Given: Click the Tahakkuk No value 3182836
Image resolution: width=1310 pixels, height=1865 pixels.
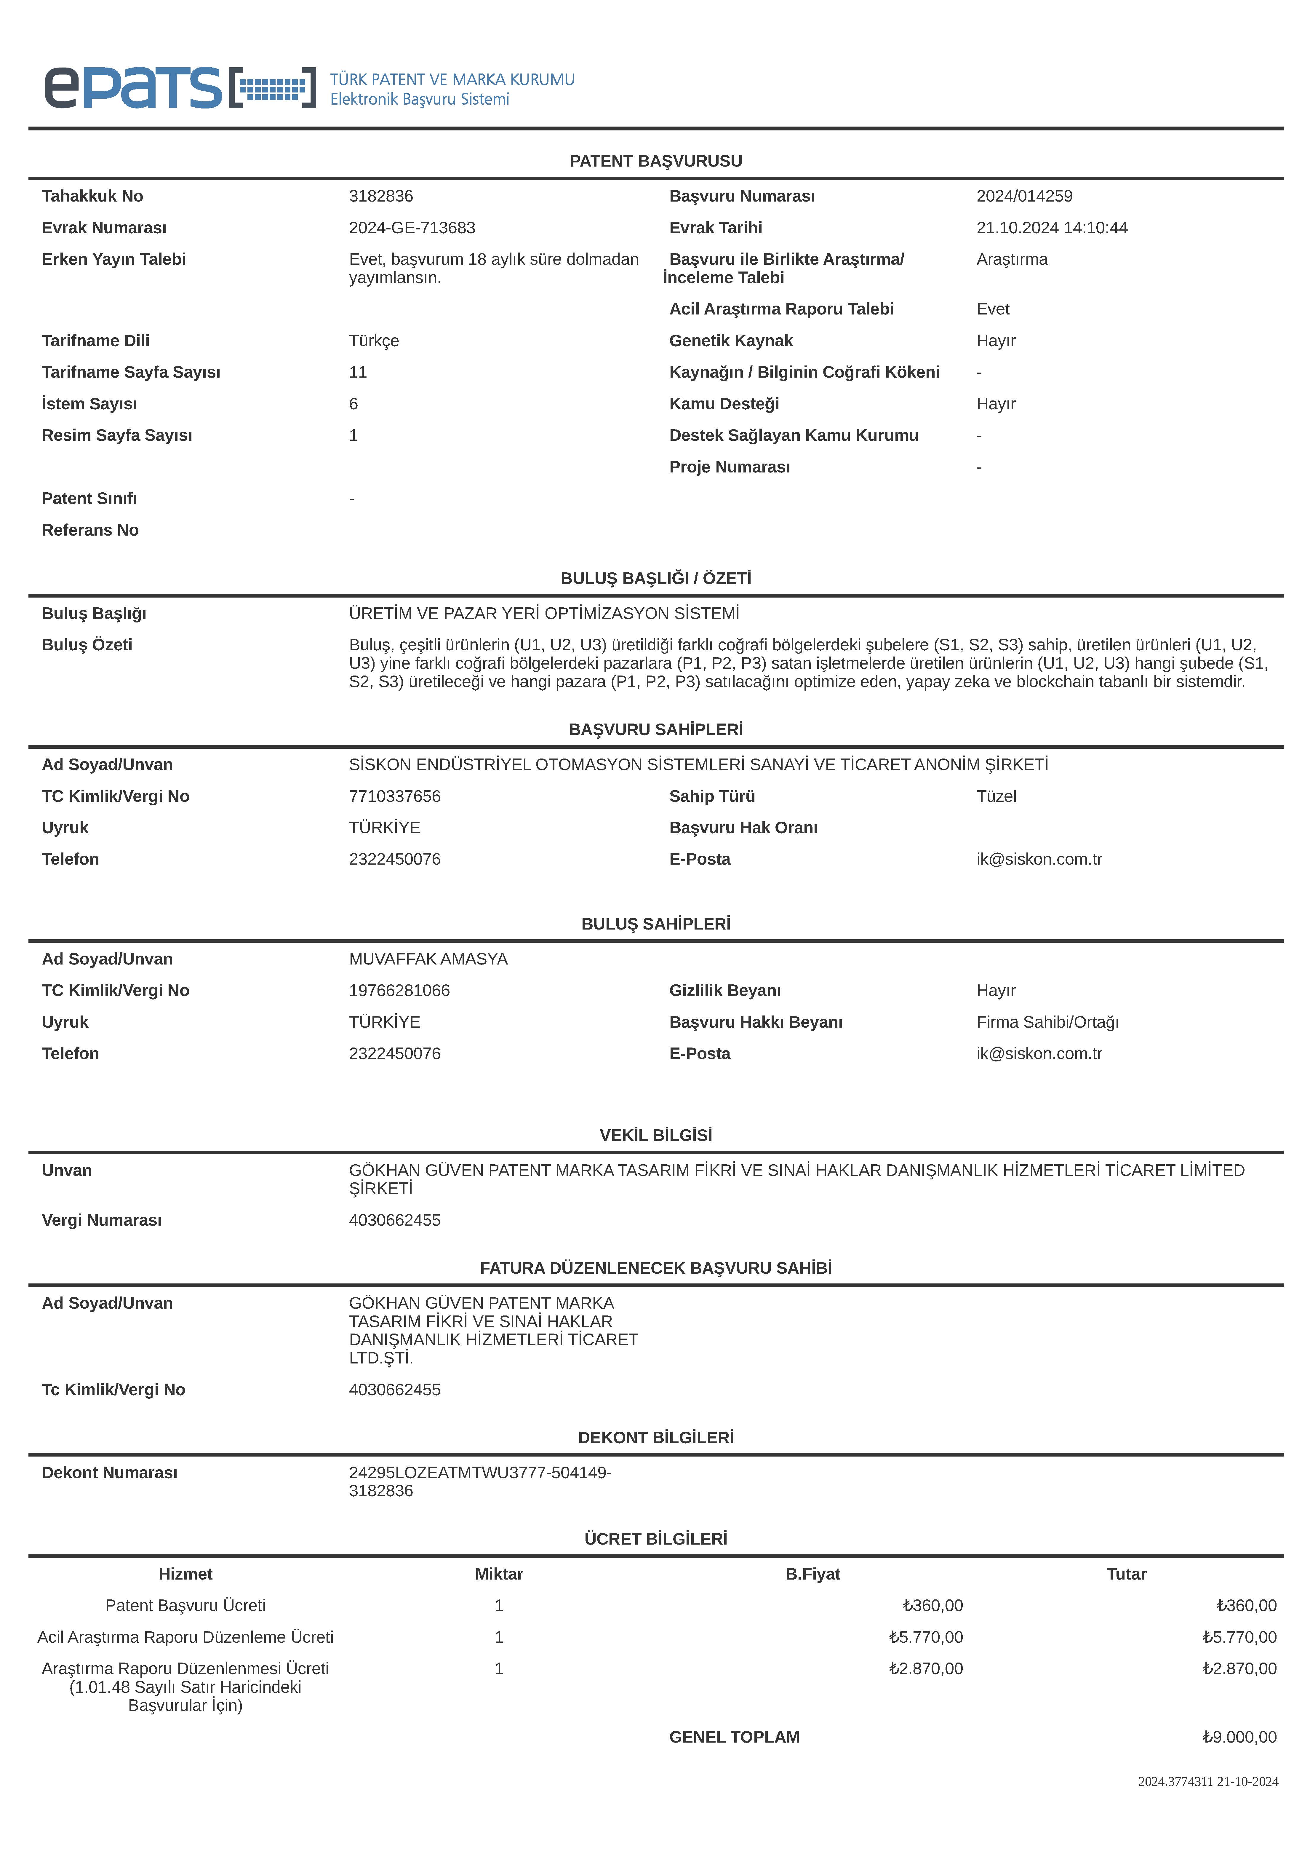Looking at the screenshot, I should coord(381,196).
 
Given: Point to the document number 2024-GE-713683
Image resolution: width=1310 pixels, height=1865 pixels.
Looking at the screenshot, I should coord(412,227).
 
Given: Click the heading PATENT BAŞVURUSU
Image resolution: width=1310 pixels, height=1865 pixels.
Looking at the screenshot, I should coord(655,161).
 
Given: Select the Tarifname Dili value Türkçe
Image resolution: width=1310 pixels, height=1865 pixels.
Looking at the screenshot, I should coord(374,340).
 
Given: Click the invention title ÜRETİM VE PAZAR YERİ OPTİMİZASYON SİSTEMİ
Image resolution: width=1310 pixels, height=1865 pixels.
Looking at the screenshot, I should coord(543,613).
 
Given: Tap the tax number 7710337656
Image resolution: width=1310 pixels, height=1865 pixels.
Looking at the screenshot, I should coord(395,796).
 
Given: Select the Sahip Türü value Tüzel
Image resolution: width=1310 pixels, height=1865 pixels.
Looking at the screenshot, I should coord(996,796).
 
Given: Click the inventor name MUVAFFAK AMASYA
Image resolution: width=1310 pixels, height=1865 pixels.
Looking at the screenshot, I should coord(428,959).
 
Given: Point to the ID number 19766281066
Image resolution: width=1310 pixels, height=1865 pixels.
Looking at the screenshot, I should coord(399,990).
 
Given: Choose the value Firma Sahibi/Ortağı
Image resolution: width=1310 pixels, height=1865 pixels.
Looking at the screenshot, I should coord(1047,1022).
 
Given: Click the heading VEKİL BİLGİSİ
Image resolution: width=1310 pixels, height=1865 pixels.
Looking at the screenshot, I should coord(655,1135).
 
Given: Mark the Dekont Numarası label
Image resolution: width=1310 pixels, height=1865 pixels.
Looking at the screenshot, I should coord(110,1473).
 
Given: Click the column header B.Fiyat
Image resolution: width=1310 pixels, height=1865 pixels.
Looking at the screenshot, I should coord(812,1573).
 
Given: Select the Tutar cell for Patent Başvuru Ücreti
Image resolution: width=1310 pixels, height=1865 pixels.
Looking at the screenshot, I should coord(1246,1605).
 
